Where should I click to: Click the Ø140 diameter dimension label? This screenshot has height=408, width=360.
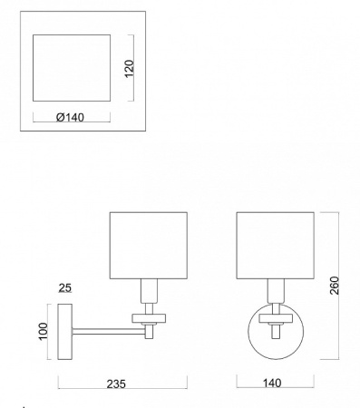70,117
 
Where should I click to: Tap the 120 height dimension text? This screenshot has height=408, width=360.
129,69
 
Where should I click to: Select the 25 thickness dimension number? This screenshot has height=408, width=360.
65,287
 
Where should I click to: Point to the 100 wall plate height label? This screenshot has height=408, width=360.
44,331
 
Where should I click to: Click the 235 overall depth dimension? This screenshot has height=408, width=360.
116,384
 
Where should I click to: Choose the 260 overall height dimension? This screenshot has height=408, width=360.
335,286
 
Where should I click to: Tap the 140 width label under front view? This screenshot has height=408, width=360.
272,384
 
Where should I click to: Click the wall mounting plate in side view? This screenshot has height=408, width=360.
65,332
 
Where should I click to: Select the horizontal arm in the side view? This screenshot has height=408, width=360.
109,332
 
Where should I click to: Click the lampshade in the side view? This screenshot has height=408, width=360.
149,246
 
